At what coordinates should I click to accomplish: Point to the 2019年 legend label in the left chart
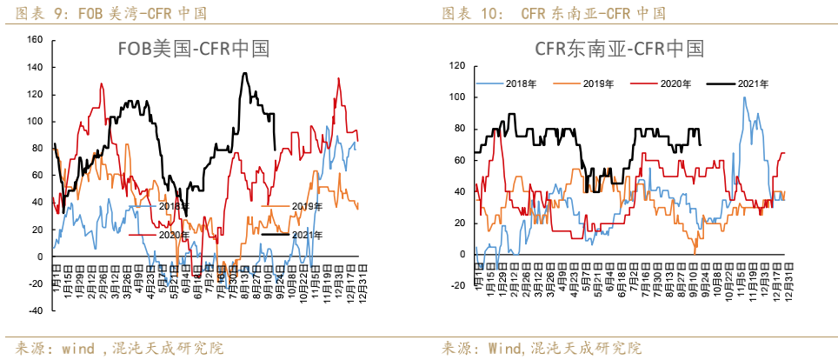305,206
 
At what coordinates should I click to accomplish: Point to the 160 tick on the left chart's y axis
35,40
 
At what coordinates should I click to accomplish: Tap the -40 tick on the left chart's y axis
35,310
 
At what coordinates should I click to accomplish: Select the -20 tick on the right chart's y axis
458,285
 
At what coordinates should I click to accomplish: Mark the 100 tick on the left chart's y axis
35,121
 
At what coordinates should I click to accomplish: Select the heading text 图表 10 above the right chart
469,13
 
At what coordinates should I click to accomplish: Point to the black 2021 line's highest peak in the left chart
244,74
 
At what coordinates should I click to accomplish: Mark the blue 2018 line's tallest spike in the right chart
744,97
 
